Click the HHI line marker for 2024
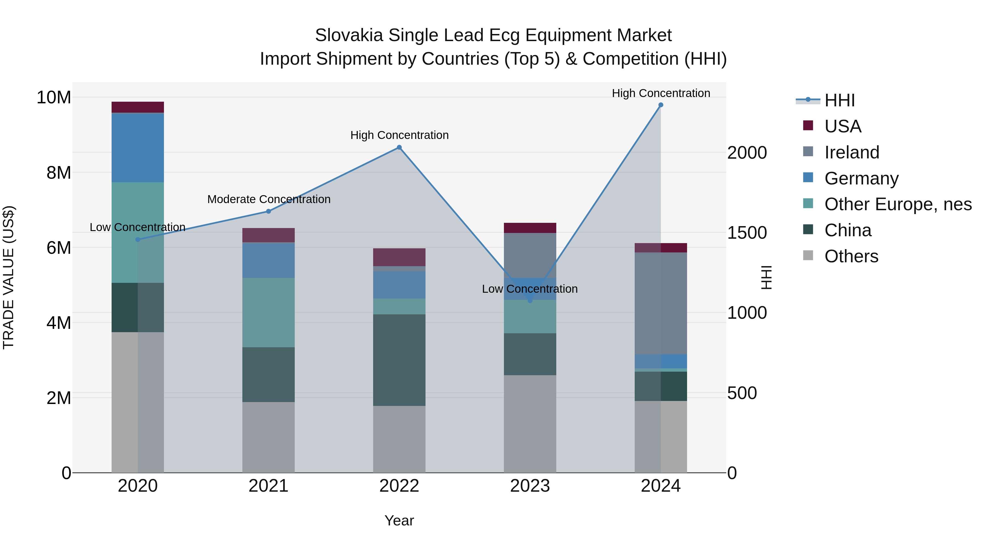pos(660,105)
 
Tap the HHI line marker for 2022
pos(399,147)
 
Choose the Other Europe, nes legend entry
pos(897,204)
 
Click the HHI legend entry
pos(839,100)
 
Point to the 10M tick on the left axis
pos(54,97)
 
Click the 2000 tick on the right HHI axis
pos(747,153)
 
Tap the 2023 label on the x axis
pos(530,486)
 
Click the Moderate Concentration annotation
pos(269,199)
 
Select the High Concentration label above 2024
pos(660,93)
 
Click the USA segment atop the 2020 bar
pos(138,107)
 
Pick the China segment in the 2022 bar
pos(399,360)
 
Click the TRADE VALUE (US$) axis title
pos(8,277)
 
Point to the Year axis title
pos(399,520)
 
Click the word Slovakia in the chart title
pos(349,35)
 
